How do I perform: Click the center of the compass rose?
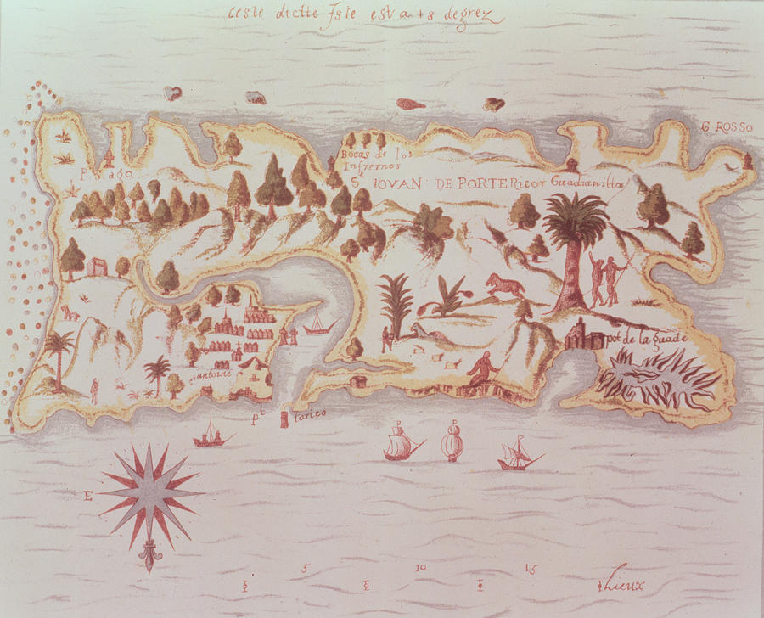(x=150, y=492)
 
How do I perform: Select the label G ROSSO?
(x=727, y=128)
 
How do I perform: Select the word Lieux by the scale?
(x=627, y=585)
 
